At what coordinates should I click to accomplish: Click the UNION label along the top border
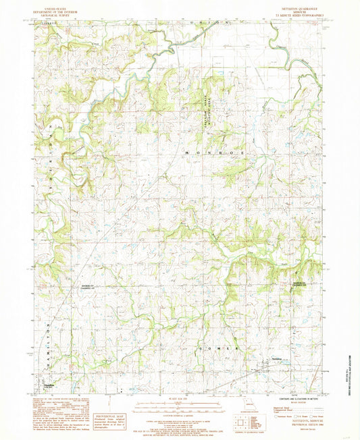[x=211, y=23]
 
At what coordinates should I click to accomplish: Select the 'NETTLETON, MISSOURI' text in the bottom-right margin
[x=302, y=422]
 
